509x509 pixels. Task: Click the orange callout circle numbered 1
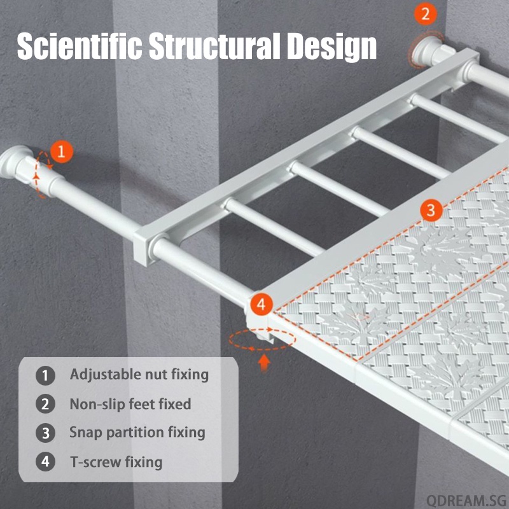[62, 151]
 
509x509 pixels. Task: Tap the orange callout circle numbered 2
[425, 13]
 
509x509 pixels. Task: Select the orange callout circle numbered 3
[431, 211]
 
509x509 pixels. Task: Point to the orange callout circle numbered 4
[261, 305]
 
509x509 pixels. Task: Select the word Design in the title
[331, 47]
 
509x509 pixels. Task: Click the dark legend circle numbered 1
[45, 375]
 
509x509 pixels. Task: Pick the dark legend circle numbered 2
[45, 404]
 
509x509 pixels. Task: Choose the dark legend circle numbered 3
[45, 433]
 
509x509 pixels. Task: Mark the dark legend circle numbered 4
[45, 461]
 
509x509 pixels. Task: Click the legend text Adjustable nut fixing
[139, 375]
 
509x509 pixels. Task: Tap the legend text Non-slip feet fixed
[130, 404]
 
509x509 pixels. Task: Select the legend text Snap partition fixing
[137, 433]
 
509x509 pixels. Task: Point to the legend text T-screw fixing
[116, 462]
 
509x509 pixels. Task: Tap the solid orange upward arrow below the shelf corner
[265, 363]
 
